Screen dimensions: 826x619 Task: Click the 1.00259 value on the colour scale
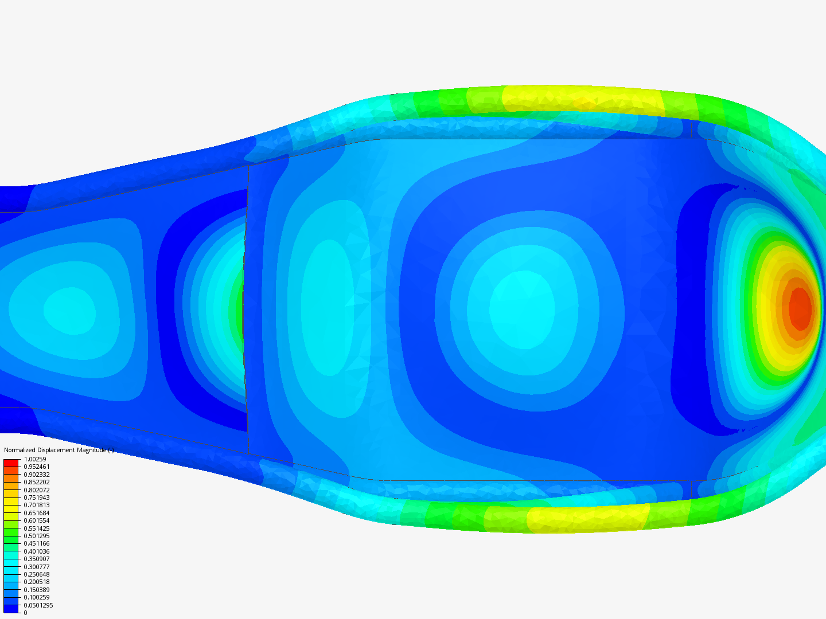[35, 459]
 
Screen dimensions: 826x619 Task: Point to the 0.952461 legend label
[37, 467]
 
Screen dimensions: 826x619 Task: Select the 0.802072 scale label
[37, 490]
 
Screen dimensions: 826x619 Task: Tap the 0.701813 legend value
[37, 505]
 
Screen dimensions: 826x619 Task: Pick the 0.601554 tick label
[37, 520]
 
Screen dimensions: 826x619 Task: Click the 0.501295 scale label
[37, 536]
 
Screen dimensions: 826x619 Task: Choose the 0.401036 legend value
[37, 551]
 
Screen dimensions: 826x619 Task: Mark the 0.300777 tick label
[37, 567]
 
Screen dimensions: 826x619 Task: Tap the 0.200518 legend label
[37, 582]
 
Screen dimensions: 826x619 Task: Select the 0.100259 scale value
[37, 597]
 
